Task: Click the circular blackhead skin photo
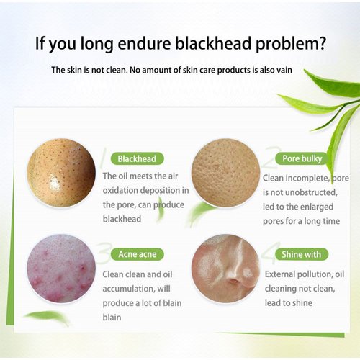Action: click(x=61, y=173)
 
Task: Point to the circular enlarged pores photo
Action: click(x=225, y=173)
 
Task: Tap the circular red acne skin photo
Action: click(x=61, y=268)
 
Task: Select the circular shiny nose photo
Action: click(x=225, y=268)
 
